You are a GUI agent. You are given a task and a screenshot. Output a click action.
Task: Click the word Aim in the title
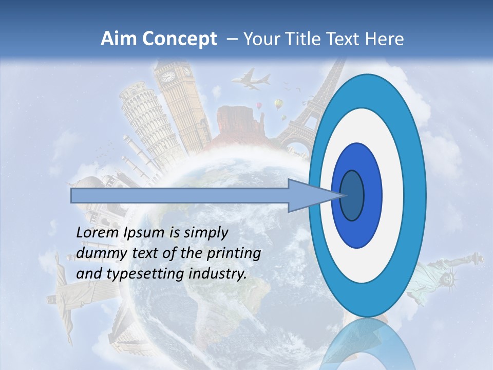coord(118,39)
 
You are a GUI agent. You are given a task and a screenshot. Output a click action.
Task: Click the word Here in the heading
coord(384,39)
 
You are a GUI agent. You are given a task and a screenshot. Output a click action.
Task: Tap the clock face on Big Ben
coord(168,77)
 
